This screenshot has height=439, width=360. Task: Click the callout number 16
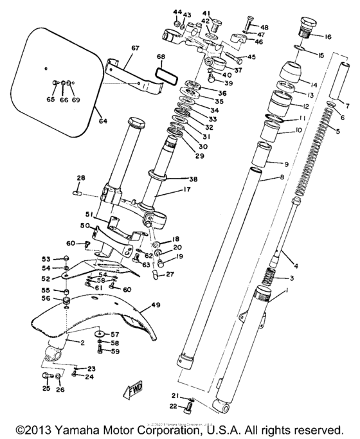point(328,37)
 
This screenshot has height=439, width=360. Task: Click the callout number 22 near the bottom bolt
point(174,407)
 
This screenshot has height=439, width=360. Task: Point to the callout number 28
point(81,177)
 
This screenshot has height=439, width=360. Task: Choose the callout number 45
point(251,57)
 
